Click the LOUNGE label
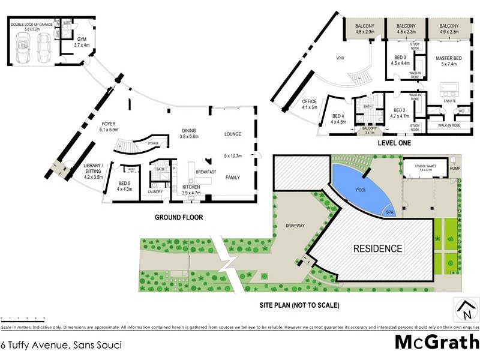pos(232,134)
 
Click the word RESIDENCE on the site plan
pos(377,248)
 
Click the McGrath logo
pos(436,342)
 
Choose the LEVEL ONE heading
pos(394,144)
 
